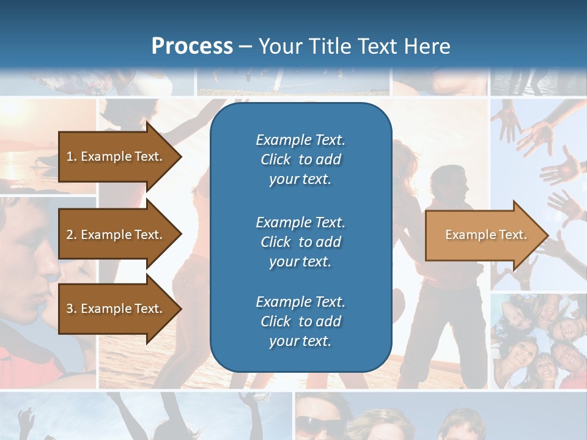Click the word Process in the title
pyautogui.click(x=192, y=46)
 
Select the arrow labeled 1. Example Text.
pyautogui.click(x=116, y=156)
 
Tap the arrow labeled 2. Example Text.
pyautogui.click(x=116, y=235)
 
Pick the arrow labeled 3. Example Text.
pyautogui.click(x=116, y=309)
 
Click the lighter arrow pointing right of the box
pyautogui.click(x=483, y=235)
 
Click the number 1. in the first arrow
pyautogui.click(x=72, y=156)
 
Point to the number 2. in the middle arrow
pyautogui.click(x=72, y=235)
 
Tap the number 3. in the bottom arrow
pyautogui.click(x=72, y=309)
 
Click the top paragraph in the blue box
pyautogui.click(x=300, y=159)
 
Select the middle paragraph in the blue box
pyautogui.click(x=300, y=242)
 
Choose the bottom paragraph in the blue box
pyautogui.click(x=300, y=321)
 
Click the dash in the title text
pyautogui.click(x=245, y=47)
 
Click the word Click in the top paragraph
pyautogui.click(x=276, y=159)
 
